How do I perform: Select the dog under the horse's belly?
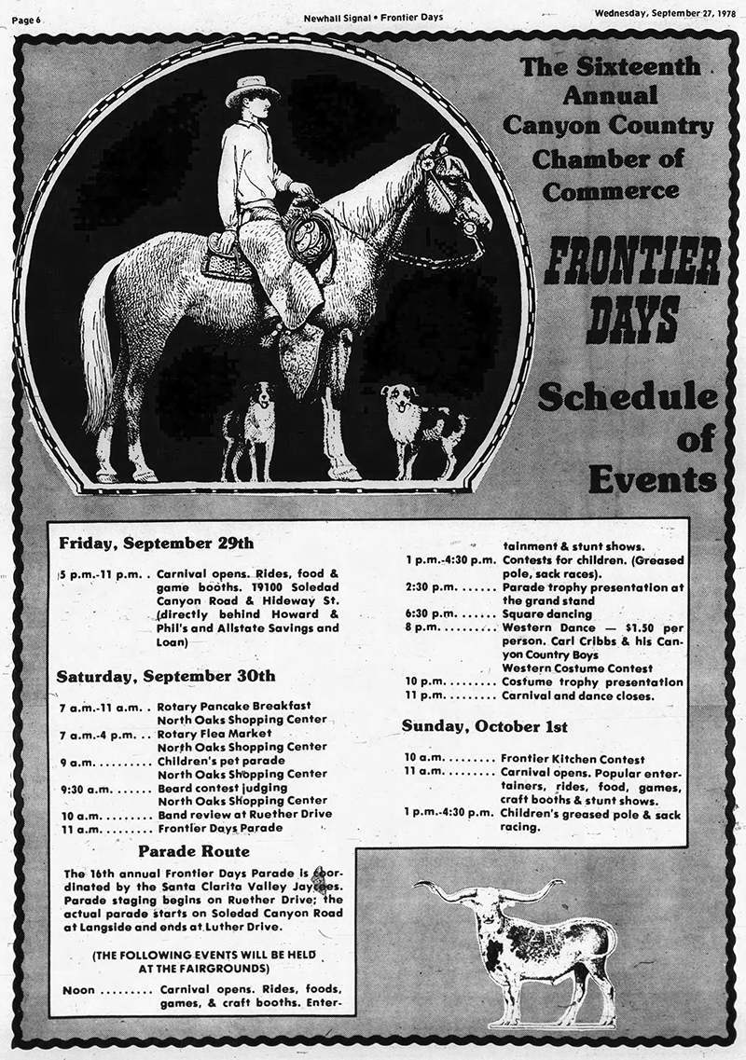point(249,425)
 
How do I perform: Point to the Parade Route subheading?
point(193,851)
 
